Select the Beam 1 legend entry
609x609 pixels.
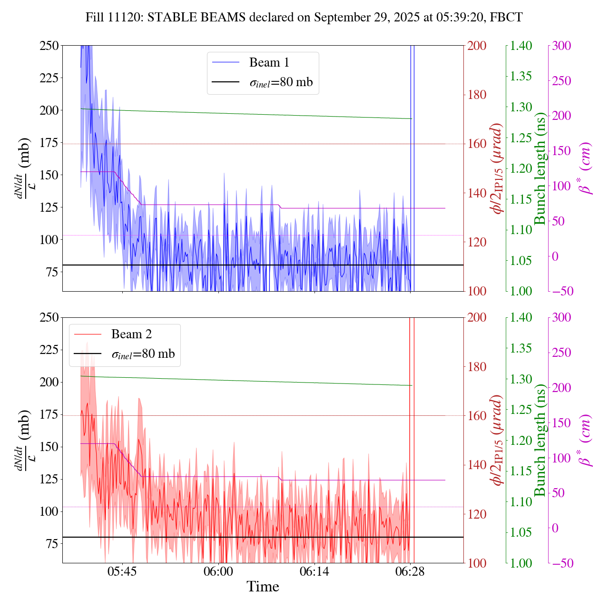click(x=269, y=62)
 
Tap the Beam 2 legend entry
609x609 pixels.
click(x=131, y=334)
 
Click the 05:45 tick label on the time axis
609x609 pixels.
click(x=122, y=571)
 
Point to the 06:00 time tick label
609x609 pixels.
click(x=218, y=571)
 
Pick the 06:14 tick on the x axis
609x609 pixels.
click(x=314, y=571)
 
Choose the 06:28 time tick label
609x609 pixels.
click(x=411, y=571)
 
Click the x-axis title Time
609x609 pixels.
click(x=263, y=587)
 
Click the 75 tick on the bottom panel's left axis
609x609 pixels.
click(x=52, y=544)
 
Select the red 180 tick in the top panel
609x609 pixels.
click(x=477, y=95)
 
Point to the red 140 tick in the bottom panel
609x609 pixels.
click(x=477, y=465)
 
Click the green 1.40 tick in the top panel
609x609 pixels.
click(x=521, y=46)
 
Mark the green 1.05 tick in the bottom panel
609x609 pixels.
click(x=521, y=532)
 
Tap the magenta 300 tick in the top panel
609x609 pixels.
click(x=561, y=46)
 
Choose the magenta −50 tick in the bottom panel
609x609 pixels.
click(x=561, y=563)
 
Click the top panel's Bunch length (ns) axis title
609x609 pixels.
click(x=540, y=168)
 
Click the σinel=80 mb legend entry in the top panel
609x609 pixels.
click(x=281, y=82)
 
